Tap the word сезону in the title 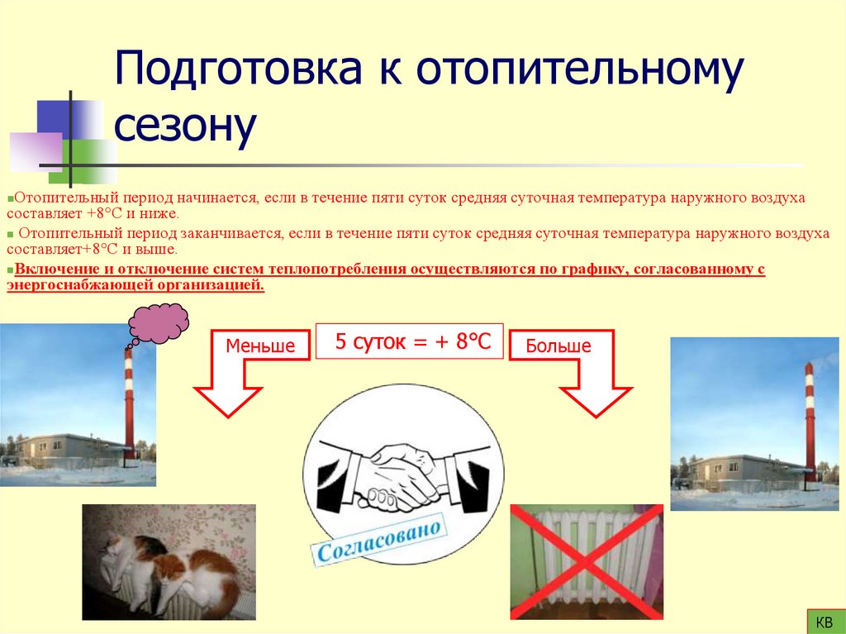[x=185, y=127]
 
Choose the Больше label [x=558, y=346]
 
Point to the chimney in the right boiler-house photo [x=810, y=422]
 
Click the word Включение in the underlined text [x=54, y=269]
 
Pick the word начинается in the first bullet [x=221, y=199]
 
